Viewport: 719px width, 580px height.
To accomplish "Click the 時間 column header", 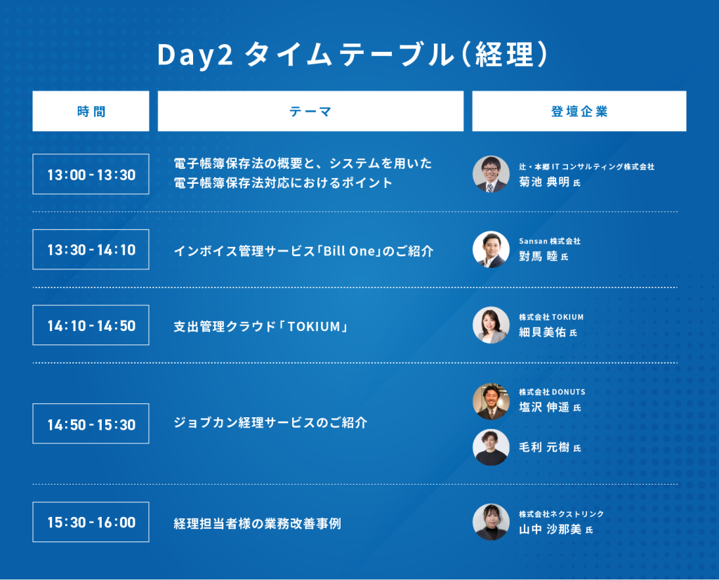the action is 91,111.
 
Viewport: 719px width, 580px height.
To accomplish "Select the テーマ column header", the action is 310,111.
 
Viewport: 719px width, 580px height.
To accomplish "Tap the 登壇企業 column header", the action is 579,111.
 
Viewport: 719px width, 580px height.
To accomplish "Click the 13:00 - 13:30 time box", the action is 91,174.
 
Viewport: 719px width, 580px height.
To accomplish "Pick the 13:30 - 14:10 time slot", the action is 91,250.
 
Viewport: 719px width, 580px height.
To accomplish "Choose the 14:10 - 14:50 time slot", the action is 91,325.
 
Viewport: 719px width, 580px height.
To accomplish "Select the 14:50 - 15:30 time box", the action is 91,424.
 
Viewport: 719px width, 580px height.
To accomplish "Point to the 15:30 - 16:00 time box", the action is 91,522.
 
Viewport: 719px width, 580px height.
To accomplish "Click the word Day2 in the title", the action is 195,55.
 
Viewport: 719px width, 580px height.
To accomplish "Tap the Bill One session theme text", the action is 303,251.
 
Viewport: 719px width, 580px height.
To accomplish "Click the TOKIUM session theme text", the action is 260,326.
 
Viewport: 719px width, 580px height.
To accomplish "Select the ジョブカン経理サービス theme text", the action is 270,422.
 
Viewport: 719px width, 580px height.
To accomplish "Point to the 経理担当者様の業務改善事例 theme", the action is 257,523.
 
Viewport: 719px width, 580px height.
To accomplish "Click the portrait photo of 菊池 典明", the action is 491,174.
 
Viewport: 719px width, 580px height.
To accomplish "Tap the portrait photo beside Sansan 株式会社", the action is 491,249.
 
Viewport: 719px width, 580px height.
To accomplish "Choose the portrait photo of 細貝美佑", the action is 491,325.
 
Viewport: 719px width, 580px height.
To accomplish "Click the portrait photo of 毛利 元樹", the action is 491,447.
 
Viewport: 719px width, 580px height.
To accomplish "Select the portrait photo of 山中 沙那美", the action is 491,522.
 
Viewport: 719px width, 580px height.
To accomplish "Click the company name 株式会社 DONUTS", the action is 552,392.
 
